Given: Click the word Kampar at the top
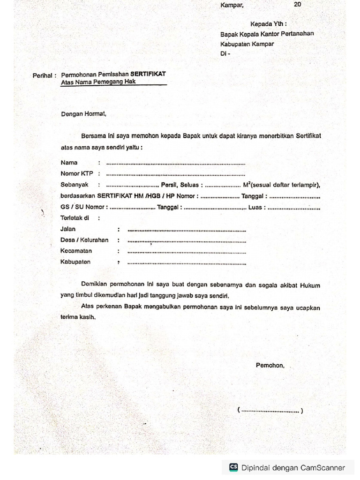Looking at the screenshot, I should (232, 5).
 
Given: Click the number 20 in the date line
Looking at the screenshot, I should (298, 5).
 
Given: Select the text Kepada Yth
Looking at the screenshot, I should (268, 24).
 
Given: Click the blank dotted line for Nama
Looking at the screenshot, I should (176, 164).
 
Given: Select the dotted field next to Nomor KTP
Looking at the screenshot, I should (176, 174).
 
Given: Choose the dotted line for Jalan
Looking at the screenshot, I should (187, 230).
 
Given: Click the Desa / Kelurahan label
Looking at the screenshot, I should (84, 240).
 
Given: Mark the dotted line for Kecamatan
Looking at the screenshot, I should (187, 252).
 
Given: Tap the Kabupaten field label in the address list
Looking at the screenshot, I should (75, 262).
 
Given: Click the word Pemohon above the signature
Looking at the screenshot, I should (270, 365).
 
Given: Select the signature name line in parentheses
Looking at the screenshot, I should (270, 411).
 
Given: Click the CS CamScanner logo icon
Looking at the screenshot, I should (233, 467).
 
